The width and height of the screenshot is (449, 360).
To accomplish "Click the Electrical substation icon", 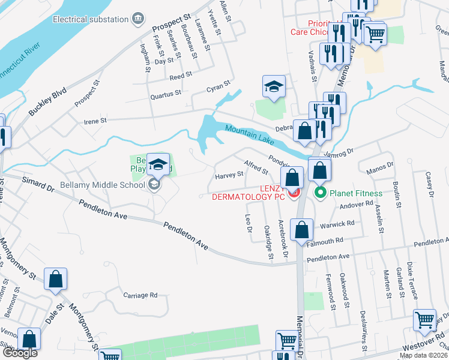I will [x=139, y=19].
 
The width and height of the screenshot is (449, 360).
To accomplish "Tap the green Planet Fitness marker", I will [x=320, y=193].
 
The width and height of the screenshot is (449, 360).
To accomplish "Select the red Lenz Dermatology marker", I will [x=293, y=193].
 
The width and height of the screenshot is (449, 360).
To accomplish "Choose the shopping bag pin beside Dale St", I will [x=55, y=279].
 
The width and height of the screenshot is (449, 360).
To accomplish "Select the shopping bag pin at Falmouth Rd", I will [x=302, y=229].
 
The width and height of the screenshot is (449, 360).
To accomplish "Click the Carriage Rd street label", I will [x=140, y=295].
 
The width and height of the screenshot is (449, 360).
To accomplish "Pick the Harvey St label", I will [x=229, y=175].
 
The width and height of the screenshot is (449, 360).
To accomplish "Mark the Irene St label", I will [x=95, y=121].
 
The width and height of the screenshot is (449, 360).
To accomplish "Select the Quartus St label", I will [x=166, y=94].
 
